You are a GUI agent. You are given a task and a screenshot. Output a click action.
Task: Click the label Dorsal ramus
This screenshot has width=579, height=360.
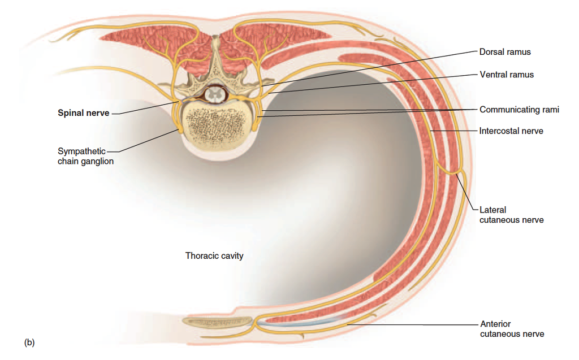tap(505, 52)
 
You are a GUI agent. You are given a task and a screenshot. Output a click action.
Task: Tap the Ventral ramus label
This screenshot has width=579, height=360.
tap(506, 75)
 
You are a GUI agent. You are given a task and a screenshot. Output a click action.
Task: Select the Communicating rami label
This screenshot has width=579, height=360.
tap(519, 110)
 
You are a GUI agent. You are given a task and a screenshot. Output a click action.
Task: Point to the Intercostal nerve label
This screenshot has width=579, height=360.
tap(511, 131)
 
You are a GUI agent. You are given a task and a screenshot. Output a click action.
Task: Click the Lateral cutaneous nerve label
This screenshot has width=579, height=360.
tap(511, 215)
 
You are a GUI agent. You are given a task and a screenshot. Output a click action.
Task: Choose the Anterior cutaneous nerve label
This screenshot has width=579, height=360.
tap(512, 329)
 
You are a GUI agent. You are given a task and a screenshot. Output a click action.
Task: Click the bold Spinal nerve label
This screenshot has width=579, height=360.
tap(83, 112)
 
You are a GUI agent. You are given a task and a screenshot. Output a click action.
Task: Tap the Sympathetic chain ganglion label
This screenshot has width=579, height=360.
tap(85, 156)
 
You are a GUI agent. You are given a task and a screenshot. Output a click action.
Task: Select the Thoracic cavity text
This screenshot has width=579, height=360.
tap(214, 256)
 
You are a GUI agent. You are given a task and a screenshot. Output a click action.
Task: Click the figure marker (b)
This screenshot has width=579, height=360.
tap(29, 342)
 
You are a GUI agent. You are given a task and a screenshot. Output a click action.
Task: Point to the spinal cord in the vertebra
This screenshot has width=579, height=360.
tap(214, 94)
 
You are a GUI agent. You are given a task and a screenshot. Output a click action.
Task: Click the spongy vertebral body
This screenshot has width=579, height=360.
tap(215, 124)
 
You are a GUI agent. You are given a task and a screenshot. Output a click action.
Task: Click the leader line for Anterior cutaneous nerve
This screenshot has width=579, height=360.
tap(413, 325)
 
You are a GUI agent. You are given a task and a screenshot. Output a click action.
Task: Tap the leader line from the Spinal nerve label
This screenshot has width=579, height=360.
tap(144, 108)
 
